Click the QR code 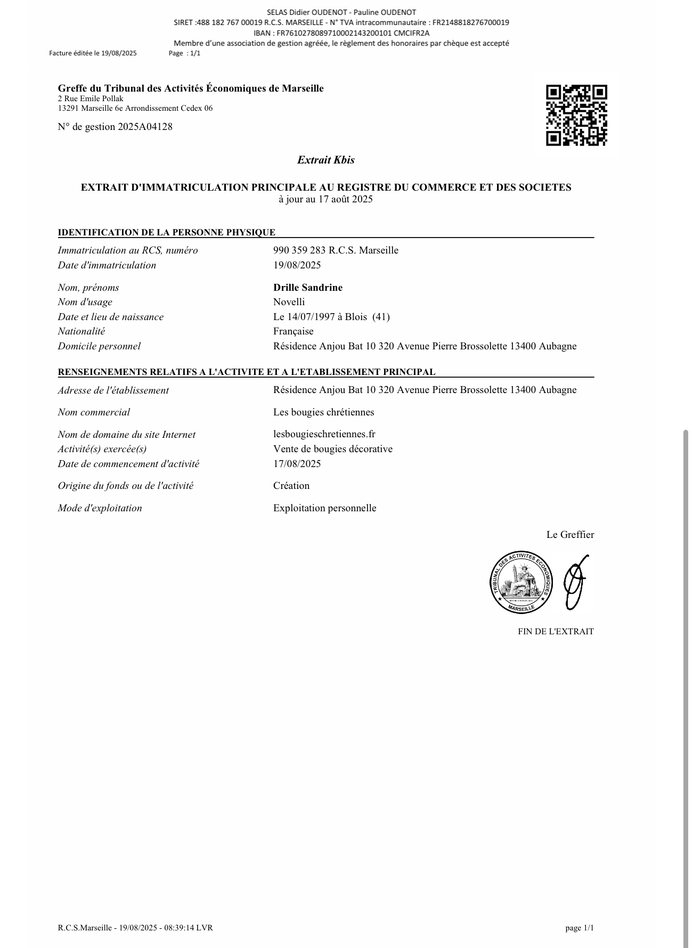[576, 115]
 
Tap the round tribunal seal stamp [521, 582]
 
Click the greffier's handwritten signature [575, 582]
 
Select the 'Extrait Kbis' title [325, 160]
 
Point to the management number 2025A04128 [145, 127]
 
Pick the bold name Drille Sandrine [308, 288]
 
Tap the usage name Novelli [289, 302]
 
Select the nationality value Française [293, 331]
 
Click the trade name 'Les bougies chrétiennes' [323, 412]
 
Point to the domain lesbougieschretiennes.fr [324, 434]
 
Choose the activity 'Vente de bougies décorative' [332, 449]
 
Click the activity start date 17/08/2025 [297, 463]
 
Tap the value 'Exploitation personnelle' [324, 508]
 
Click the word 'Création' [291, 486]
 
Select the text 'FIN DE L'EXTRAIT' [556, 632]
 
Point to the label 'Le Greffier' [570, 535]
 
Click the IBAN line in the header [341, 33]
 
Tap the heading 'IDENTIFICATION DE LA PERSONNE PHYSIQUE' [167, 232]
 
